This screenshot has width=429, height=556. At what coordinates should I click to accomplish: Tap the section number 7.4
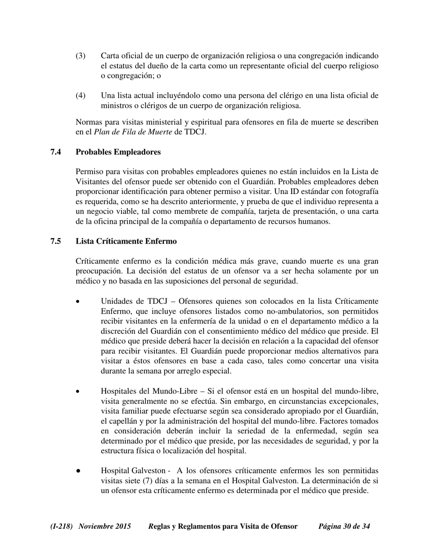coord(56,152)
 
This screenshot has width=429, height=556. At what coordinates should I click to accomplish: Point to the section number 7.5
coord(56,241)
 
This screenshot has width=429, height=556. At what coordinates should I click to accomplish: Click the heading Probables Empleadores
coord(118,152)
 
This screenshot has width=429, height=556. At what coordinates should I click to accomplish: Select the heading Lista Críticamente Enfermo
coord(126,241)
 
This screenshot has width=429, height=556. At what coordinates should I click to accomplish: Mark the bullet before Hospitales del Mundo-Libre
coord(79,391)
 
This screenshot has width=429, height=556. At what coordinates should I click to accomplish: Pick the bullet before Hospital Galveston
coord(79,471)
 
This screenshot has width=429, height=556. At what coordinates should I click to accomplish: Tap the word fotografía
coord(362,192)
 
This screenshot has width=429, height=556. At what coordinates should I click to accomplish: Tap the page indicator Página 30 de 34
coord(344,527)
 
